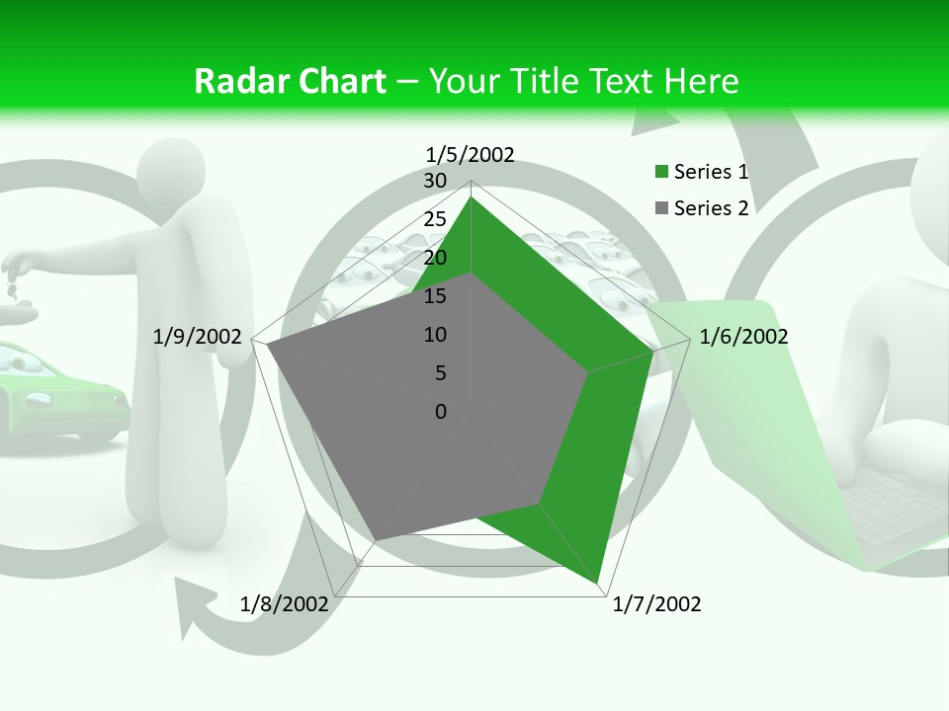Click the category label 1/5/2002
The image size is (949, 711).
click(x=471, y=154)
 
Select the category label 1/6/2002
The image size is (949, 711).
click(x=743, y=337)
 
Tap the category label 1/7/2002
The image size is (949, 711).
click(x=656, y=604)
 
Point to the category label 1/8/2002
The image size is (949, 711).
click(x=285, y=604)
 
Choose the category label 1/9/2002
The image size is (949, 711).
click(x=198, y=337)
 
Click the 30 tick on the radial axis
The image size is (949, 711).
click(x=435, y=181)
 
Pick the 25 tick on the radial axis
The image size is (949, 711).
click(x=435, y=219)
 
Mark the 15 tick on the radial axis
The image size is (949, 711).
click(x=435, y=296)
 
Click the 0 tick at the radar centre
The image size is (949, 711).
click(x=441, y=412)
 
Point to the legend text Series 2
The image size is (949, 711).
click(x=711, y=208)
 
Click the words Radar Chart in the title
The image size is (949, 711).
click(x=290, y=81)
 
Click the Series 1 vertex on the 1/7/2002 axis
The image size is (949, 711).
click(x=599, y=584)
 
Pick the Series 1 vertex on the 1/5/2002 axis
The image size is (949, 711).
click(x=472, y=197)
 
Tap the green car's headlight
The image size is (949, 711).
click(x=42, y=400)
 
